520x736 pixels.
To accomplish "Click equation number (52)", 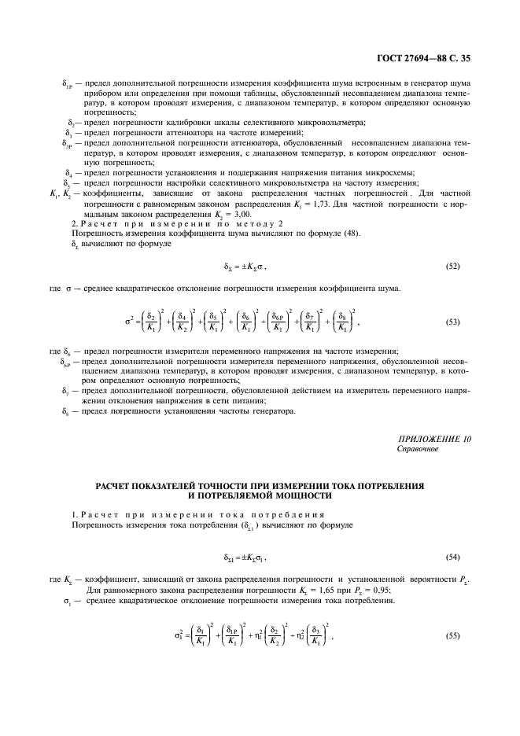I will tap(452, 267).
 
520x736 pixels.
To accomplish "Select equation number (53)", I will tap(452, 322).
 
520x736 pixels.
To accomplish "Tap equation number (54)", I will tap(452, 557).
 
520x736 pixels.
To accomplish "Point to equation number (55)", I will tap(452, 635).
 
